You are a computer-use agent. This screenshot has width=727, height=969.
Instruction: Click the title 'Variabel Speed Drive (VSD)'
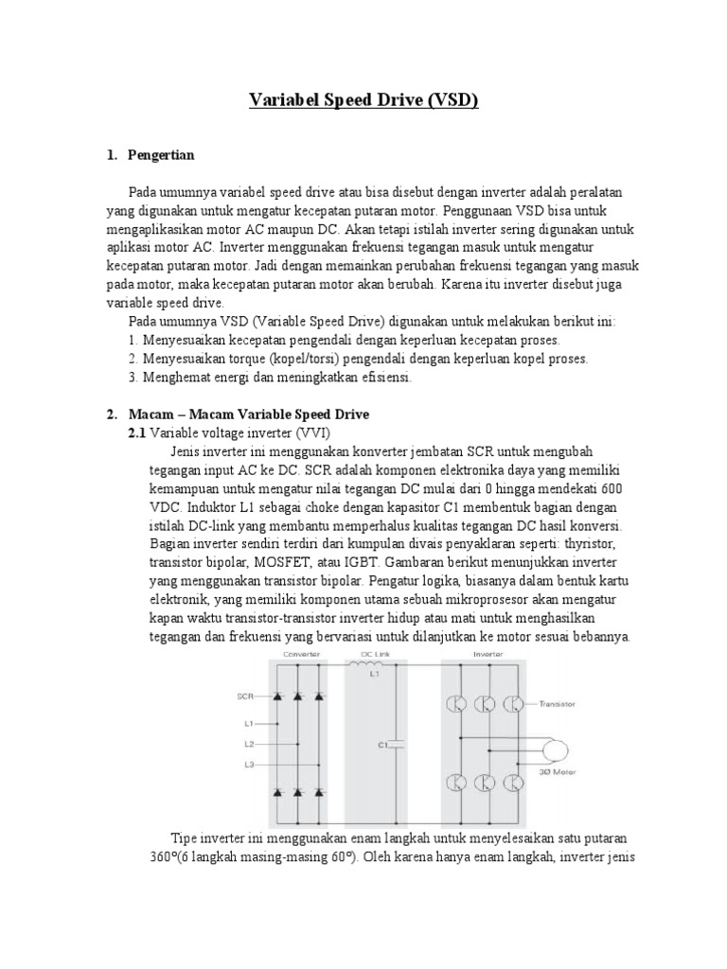click(363, 100)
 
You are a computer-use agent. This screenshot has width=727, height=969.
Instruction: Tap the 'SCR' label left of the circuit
click(245, 696)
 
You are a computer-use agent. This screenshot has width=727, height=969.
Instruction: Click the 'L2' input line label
click(248, 745)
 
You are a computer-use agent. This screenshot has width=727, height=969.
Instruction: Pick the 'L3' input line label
click(248, 764)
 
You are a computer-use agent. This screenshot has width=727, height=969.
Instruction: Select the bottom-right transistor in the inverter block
click(512, 783)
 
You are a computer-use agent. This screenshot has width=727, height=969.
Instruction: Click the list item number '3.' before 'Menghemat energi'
click(133, 377)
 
